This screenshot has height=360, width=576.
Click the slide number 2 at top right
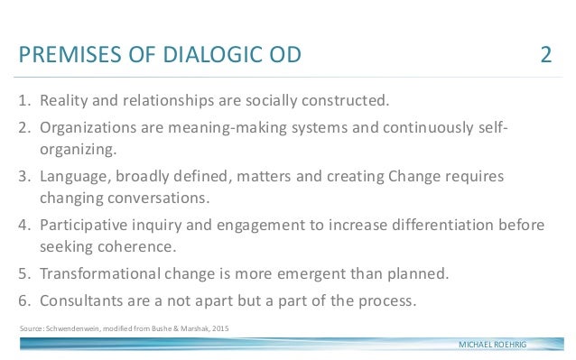pyautogui.click(x=546, y=56)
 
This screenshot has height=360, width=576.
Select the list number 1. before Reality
pyautogui.click(x=24, y=98)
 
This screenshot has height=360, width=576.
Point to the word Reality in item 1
pyautogui.click(x=66, y=98)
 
